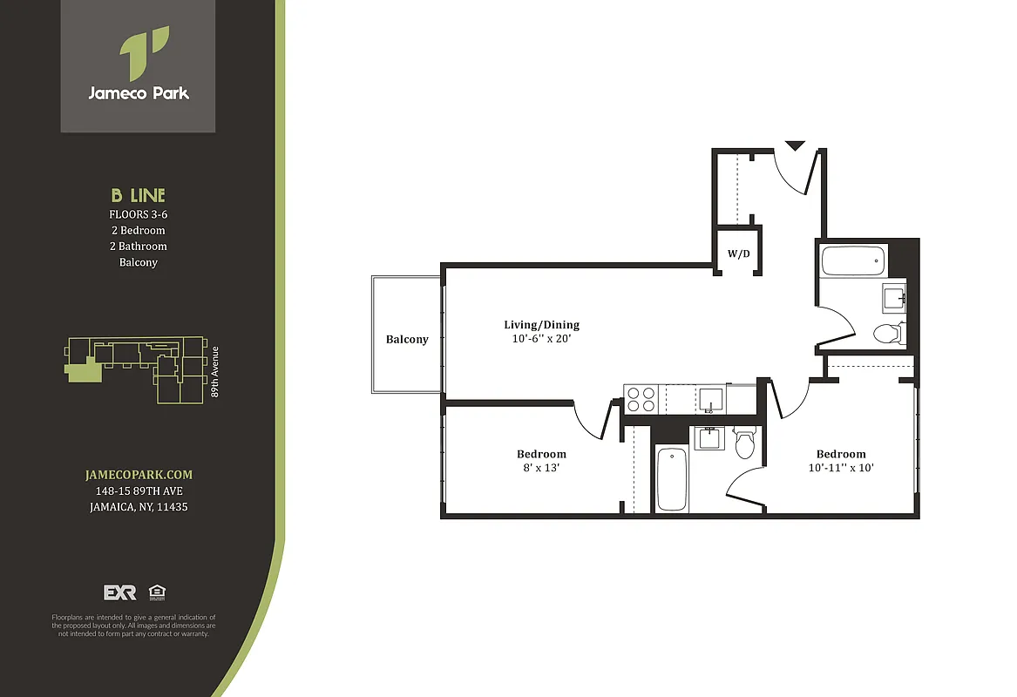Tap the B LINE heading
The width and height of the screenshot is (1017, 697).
138,196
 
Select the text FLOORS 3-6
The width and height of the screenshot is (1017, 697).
138,214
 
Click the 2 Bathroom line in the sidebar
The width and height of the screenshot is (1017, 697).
138,247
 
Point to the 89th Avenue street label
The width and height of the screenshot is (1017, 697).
215,372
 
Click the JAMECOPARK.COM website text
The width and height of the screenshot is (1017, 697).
139,475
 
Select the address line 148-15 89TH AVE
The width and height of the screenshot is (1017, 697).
139,491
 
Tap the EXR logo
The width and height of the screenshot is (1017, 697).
120,592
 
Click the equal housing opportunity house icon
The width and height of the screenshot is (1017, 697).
158,592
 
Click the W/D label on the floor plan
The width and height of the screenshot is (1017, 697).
739,255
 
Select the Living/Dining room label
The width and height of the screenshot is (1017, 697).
540,325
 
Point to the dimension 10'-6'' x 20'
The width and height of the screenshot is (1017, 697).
540,339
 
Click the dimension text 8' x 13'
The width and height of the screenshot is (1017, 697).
540,468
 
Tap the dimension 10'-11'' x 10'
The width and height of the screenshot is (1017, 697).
841,468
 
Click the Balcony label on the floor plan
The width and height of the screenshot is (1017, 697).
407,339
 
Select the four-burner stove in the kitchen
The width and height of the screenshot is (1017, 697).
642,399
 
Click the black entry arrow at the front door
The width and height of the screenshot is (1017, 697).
795,145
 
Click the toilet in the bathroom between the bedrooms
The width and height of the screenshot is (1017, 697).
743,443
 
